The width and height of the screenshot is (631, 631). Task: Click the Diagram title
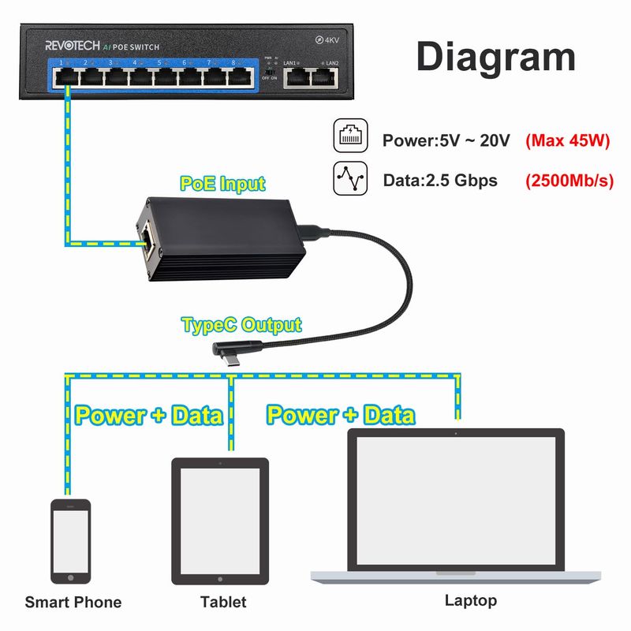point(495,58)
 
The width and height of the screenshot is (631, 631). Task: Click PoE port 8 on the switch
point(237,77)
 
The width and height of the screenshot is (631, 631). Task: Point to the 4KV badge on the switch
point(327,39)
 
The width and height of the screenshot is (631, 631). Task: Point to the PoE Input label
point(222,185)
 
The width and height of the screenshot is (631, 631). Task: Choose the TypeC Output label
point(241,324)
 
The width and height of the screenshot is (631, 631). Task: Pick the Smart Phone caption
point(73,603)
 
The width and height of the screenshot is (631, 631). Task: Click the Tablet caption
point(223,602)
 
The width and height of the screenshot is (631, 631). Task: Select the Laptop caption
point(471,600)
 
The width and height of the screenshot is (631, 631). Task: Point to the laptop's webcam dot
point(457,434)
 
